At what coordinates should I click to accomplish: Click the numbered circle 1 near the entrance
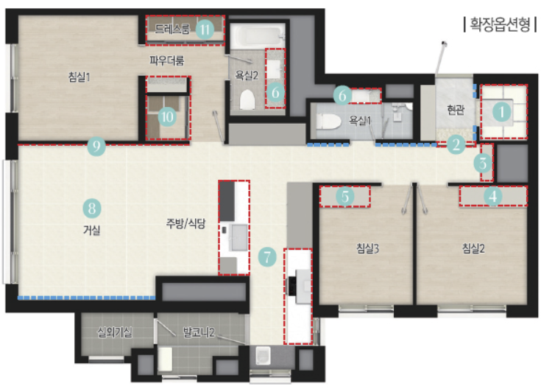coord(501,111)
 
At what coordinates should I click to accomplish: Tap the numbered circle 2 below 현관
coord(456,144)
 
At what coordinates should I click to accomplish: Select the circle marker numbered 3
coord(483,163)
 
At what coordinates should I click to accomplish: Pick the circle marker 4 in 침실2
coord(492,197)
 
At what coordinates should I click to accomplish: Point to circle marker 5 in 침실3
coord(345,197)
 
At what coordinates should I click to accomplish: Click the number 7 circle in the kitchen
coord(267,256)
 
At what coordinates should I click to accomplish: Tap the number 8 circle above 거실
coord(92,209)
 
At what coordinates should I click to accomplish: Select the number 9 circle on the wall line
coord(96,146)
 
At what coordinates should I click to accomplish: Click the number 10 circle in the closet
coord(167,116)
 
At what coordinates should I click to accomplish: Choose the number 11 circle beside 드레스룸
coord(205,29)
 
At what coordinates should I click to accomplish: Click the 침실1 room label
coord(79,77)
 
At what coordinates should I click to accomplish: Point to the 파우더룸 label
coord(166,60)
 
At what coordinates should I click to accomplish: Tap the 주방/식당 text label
coord(186,223)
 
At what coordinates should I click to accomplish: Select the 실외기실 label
coord(115,332)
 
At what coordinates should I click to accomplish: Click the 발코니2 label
coord(199,332)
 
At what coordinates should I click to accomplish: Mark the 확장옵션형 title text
coord(501,24)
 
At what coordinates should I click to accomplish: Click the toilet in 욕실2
coord(247,99)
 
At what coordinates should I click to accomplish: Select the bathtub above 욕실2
coord(258,36)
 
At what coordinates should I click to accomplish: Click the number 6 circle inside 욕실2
coord(275,92)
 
